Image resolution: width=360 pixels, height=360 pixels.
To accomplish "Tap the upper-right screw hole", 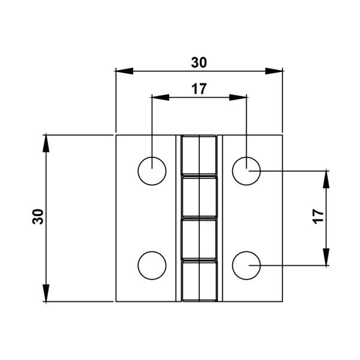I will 246,171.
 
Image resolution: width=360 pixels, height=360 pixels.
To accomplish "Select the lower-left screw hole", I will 152,265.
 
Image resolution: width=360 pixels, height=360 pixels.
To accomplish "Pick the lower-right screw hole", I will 246,265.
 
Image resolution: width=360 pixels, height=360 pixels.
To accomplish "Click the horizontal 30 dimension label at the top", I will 199,62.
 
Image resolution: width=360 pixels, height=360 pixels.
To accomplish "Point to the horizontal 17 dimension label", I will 199,89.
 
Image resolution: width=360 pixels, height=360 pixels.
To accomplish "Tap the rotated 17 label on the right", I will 319,217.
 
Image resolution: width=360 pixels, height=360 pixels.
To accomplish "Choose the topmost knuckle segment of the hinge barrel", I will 199,155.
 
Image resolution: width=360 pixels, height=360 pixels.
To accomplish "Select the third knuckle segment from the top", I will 199,239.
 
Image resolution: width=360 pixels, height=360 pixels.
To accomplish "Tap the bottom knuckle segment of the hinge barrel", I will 199,280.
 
